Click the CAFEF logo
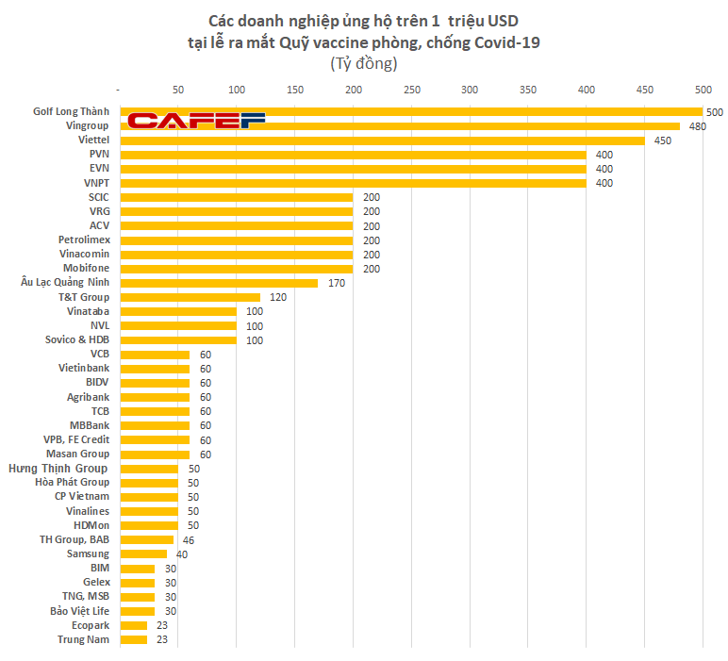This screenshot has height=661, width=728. point(196,120)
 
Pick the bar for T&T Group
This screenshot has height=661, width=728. point(190,297)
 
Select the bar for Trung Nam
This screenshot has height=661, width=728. point(134,639)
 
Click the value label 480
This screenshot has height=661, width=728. point(697,126)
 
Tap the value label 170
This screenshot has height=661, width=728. point(336,283)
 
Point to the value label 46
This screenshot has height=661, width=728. point(188,540)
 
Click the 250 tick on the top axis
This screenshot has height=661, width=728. point(411,90)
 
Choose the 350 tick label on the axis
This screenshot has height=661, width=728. point(528,90)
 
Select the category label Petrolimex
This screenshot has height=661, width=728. point(84,240)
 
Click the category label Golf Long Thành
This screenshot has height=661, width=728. point(71,112)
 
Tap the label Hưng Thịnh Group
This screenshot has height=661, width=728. point(58,469)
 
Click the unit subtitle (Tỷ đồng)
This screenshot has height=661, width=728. point(363,64)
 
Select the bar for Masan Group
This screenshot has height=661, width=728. point(154,454)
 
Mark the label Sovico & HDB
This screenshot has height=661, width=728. point(77,339)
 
